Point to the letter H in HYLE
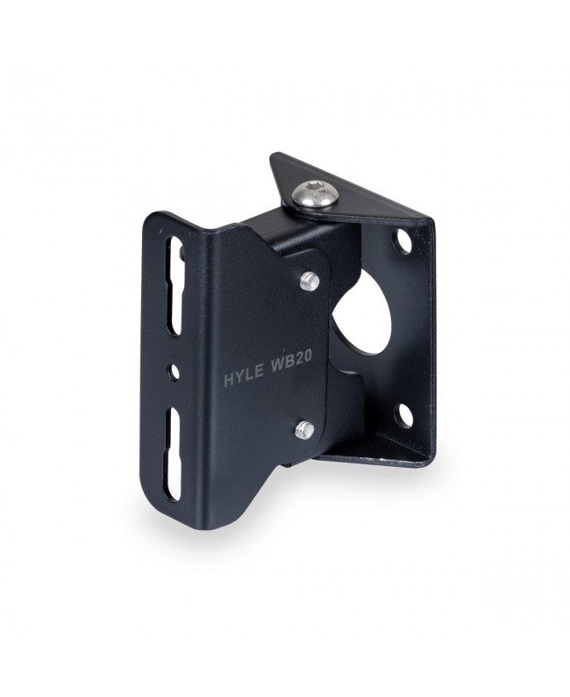(228, 380)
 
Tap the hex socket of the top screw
(313, 186)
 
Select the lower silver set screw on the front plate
(305, 429)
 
